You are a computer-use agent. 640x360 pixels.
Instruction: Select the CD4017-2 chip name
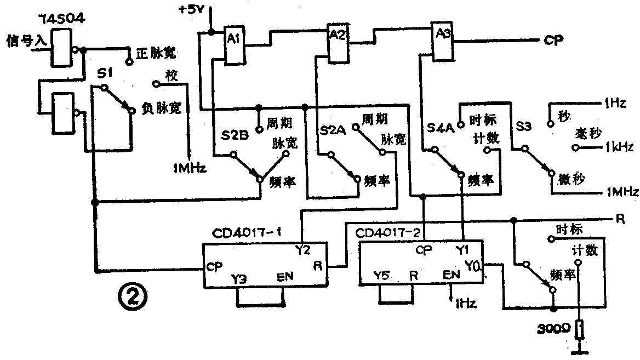387,233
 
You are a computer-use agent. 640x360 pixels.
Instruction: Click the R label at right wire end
620,219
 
